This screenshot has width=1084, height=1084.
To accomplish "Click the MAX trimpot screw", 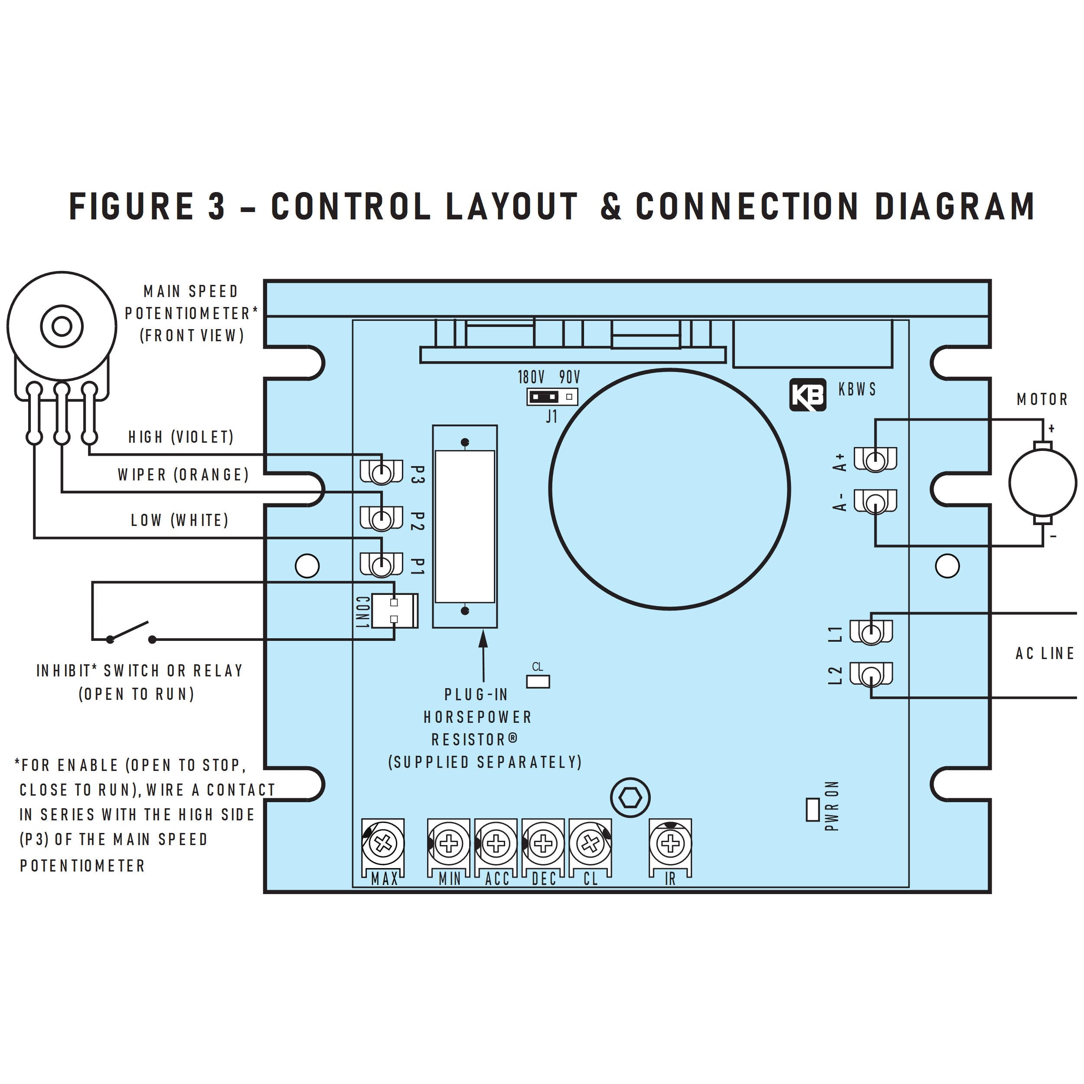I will click(x=383, y=843).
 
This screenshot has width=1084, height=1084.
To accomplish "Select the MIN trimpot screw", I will click(x=448, y=843).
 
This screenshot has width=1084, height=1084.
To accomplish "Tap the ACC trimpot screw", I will click(x=496, y=843).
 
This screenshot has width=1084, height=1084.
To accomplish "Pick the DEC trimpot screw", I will click(x=542, y=843).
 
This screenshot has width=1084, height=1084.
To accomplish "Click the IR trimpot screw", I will click(x=670, y=843).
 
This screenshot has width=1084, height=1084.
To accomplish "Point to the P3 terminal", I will click(x=382, y=473).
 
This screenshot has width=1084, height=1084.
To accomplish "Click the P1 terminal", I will click(x=382, y=565).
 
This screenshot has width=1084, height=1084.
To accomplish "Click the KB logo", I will click(x=807, y=395).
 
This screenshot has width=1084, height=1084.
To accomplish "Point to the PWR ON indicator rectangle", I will click(x=813, y=810).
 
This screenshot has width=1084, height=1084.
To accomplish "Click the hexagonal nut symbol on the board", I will click(x=630, y=797).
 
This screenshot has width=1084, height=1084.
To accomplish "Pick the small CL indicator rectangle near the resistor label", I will click(x=538, y=681).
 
